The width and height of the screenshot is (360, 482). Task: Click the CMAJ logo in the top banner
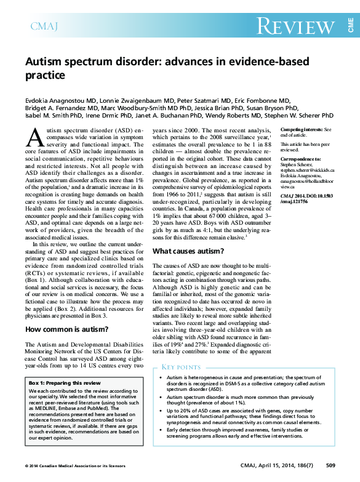coord(45,26)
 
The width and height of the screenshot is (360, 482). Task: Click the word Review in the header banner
coord(295,26)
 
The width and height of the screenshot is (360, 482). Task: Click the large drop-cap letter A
coord(36,137)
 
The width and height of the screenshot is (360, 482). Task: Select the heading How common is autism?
coord(66,329)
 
